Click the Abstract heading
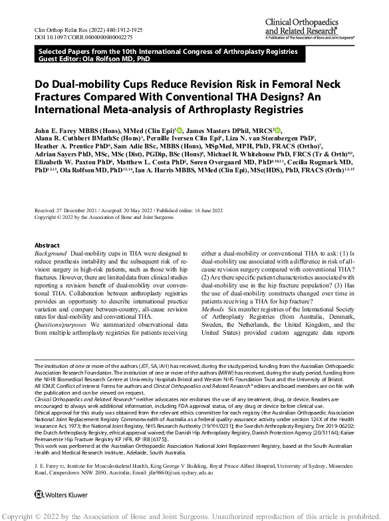pos(47,246)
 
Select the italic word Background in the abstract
pos(51,254)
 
